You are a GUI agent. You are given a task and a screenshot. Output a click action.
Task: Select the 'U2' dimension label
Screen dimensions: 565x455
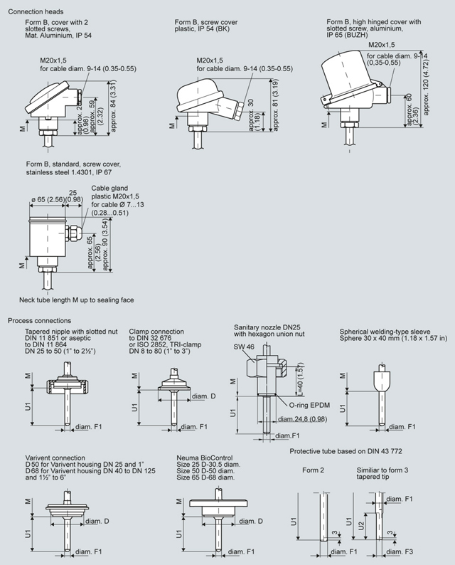[360, 526]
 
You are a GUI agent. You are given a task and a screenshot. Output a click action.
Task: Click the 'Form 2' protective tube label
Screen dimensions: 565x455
[313, 471]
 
